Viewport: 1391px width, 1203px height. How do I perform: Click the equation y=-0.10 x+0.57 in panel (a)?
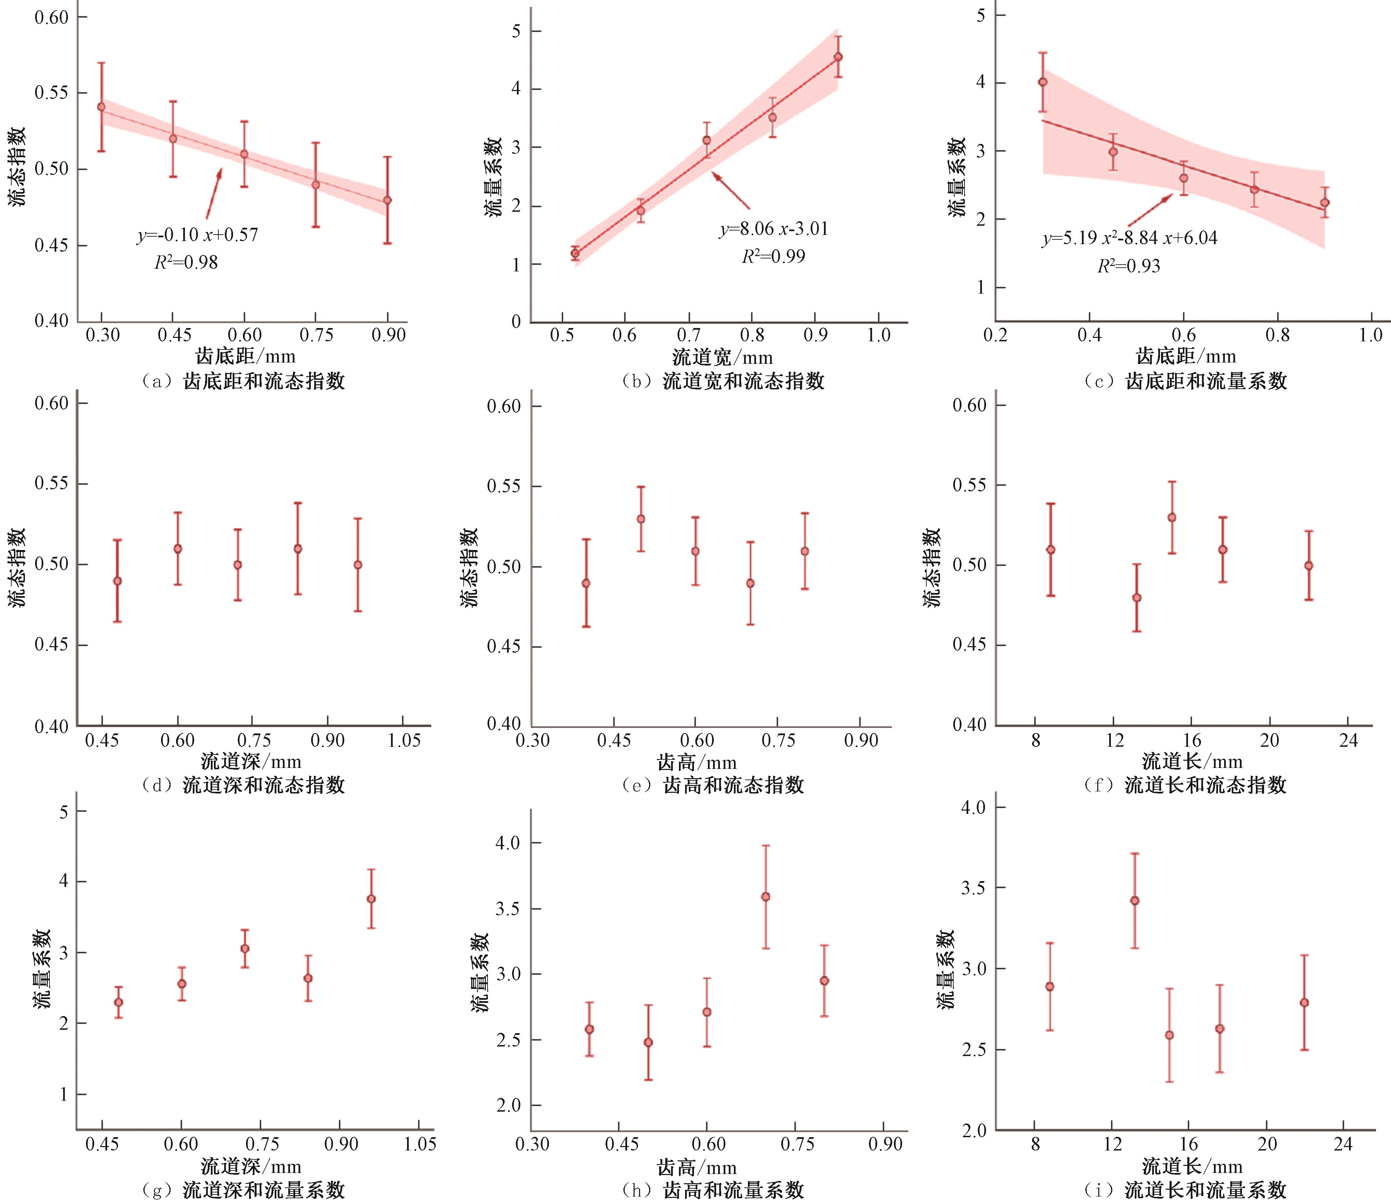(x=198, y=235)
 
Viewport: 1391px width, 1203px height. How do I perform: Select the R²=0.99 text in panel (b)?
(x=773, y=256)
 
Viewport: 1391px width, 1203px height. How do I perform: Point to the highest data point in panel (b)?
(x=838, y=57)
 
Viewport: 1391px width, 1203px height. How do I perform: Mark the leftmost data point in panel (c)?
(x=1042, y=82)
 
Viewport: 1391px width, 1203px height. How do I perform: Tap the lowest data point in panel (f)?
(x=1136, y=597)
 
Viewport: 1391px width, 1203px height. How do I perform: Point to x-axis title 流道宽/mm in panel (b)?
(x=722, y=356)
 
